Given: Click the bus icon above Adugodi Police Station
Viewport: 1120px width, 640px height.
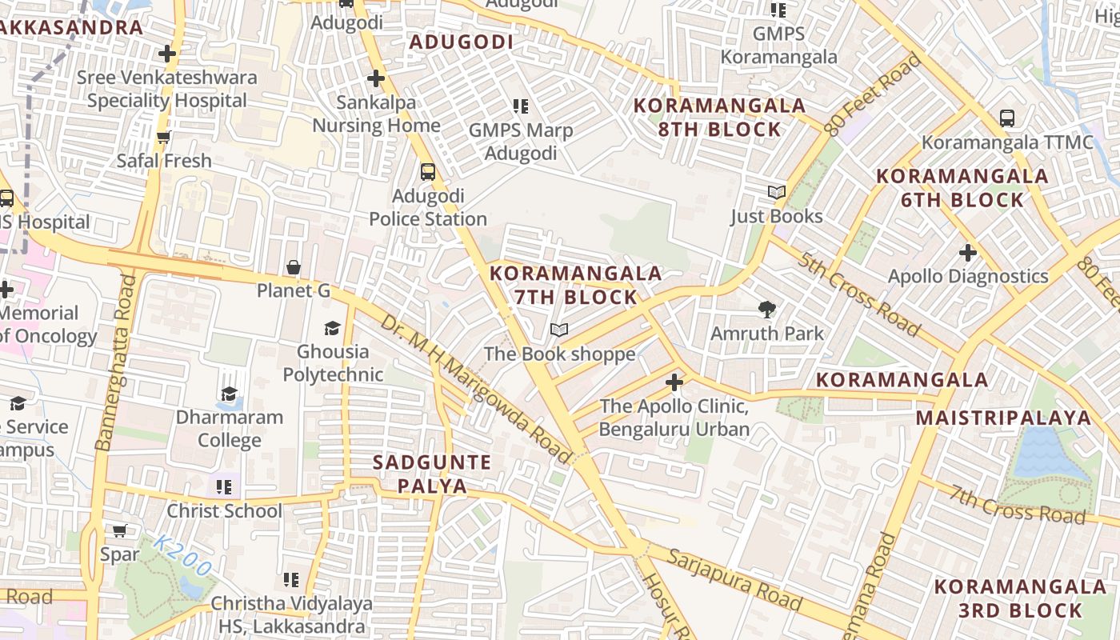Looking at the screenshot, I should tap(428, 171).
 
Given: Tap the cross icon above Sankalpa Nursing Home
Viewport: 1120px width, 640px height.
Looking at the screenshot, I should tap(375, 78).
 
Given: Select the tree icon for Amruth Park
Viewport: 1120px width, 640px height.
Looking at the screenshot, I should tap(767, 309).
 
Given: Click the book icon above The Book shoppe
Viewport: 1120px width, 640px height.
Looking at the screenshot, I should tap(559, 330).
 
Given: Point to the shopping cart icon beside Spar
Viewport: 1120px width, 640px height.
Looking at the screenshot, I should tap(120, 530).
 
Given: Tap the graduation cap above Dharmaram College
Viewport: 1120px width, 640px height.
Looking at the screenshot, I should tap(230, 394).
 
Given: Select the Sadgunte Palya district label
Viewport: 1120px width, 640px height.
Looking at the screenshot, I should tap(432, 474).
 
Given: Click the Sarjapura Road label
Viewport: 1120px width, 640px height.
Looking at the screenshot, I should tap(734, 579).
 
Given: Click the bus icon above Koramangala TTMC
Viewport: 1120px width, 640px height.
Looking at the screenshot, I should tap(1007, 118).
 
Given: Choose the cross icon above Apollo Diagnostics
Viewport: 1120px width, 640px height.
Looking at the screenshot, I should tap(968, 253).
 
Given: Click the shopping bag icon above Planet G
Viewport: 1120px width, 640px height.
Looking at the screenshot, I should tap(294, 267).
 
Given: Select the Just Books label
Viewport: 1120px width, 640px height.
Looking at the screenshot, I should tap(776, 216).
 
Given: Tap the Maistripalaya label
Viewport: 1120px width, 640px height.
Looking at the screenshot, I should tap(1003, 418).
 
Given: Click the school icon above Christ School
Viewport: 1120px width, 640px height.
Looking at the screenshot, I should tap(224, 486).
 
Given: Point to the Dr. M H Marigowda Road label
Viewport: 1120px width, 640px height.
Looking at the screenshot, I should tap(476, 389).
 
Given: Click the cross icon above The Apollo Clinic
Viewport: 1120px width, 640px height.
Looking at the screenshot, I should tap(674, 382).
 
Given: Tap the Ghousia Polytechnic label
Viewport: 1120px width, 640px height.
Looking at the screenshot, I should tap(333, 362).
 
